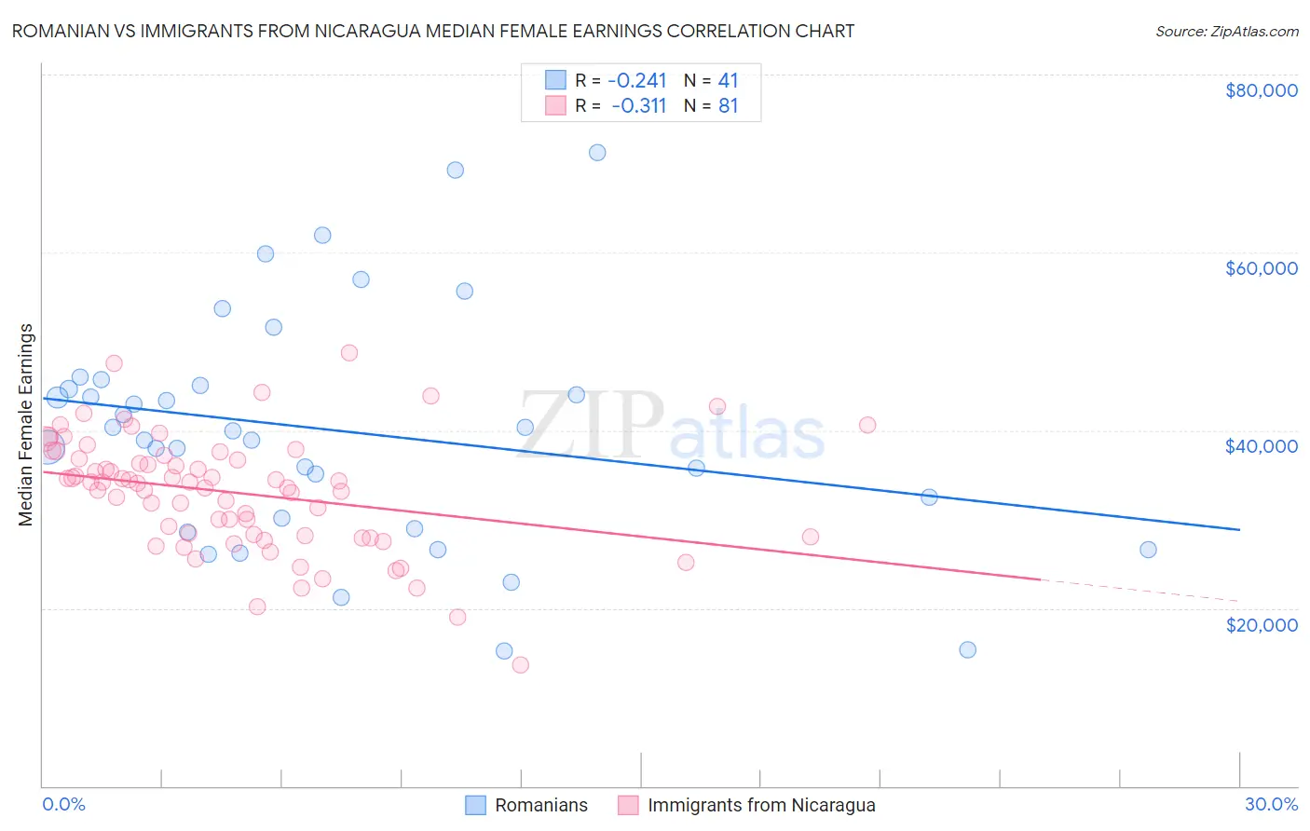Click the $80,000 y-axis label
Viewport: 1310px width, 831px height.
point(1261,90)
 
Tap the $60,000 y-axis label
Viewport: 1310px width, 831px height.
point(1261,268)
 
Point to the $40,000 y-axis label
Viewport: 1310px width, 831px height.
point(1261,446)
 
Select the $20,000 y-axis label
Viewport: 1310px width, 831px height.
point(1261,624)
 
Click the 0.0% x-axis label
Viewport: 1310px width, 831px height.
point(63,804)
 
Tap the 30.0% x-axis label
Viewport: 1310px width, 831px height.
point(1271,804)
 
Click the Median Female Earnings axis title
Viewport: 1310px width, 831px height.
point(26,425)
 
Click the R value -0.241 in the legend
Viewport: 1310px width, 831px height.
point(637,80)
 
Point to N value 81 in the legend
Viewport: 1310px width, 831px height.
point(728,106)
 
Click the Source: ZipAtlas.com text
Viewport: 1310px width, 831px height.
point(1226,31)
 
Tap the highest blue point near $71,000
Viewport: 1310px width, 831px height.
point(597,153)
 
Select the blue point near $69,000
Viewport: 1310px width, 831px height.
point(456,170)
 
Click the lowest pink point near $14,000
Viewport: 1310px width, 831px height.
point(521,664)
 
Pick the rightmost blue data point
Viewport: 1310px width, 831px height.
point(1148,550)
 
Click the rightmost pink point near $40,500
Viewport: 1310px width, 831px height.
point(867,425)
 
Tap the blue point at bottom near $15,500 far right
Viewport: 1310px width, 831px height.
point(968,649)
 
